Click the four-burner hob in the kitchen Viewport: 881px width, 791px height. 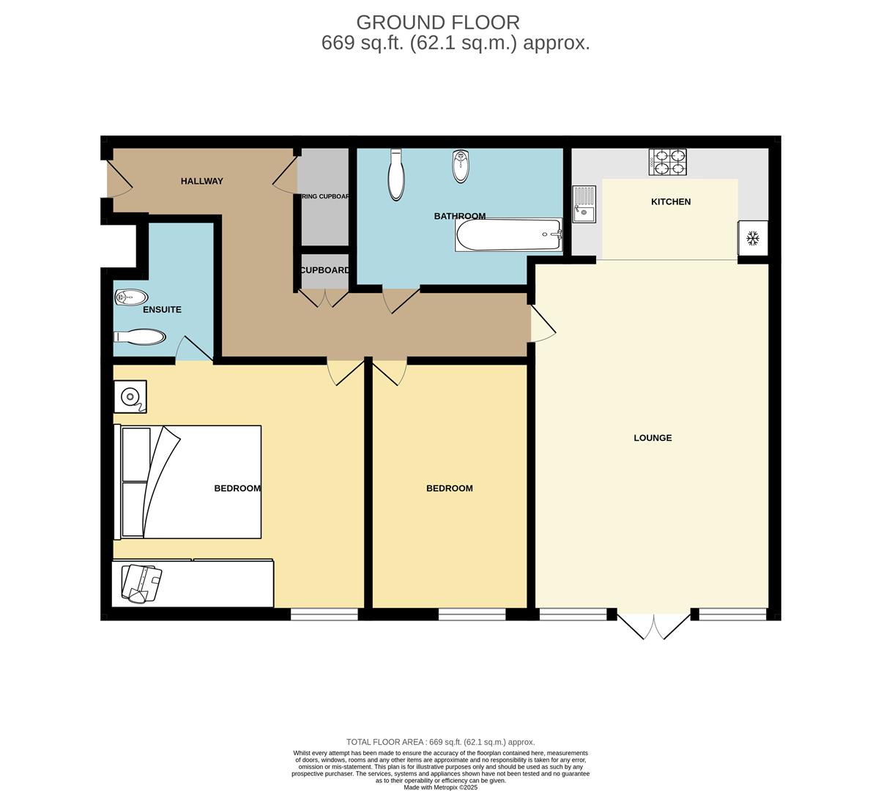[x=668, y=162]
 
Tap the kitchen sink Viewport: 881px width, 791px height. [x=584, y=204]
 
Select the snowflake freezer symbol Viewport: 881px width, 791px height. [x=752, y=238]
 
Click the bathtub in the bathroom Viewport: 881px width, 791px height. [x=508, y=235]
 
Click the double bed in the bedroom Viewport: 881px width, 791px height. [x=189, y=482]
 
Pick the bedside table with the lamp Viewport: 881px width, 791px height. [x=130, y=396]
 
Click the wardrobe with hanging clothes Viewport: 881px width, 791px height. [x=192, y=584]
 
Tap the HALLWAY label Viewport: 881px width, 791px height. [x=201, y=181]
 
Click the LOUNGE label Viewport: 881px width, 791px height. [x=653, y=438]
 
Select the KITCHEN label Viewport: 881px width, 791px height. [x=671, y=201]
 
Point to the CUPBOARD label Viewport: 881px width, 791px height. [x=325, y=270]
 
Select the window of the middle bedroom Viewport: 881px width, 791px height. [x=472, y=614]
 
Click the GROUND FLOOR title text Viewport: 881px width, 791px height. [x=437, y=22]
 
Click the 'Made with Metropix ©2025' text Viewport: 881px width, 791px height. [x=440, y=787]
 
